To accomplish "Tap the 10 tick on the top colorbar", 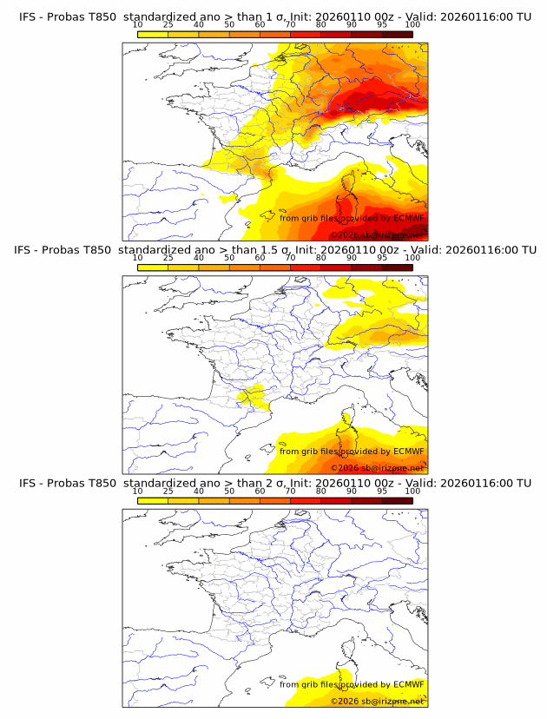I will pyautogui.click(x=138, y=25).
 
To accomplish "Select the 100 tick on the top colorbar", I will pyautogui.click(x=412, y=25).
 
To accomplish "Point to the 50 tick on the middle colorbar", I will pyautogui.click(x=229, y=258).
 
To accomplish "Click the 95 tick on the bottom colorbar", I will pyautogui.click(x=382, y=491).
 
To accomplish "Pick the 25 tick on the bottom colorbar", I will pyautogui.click(x=168, y=491).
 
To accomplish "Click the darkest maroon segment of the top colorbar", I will pyautogui.click(x=398, y=34).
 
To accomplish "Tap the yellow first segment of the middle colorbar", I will pyautogui.click(x=153, y=267).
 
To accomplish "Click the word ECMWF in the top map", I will pyautogui.click(x=408, y=219).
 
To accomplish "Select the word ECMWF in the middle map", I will pyautogui.click(x=408, y=452).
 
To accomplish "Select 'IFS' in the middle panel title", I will pyautogui.click(x=29, y=250).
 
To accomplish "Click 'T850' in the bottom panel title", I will pyautogui.click(x=100, y=483).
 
